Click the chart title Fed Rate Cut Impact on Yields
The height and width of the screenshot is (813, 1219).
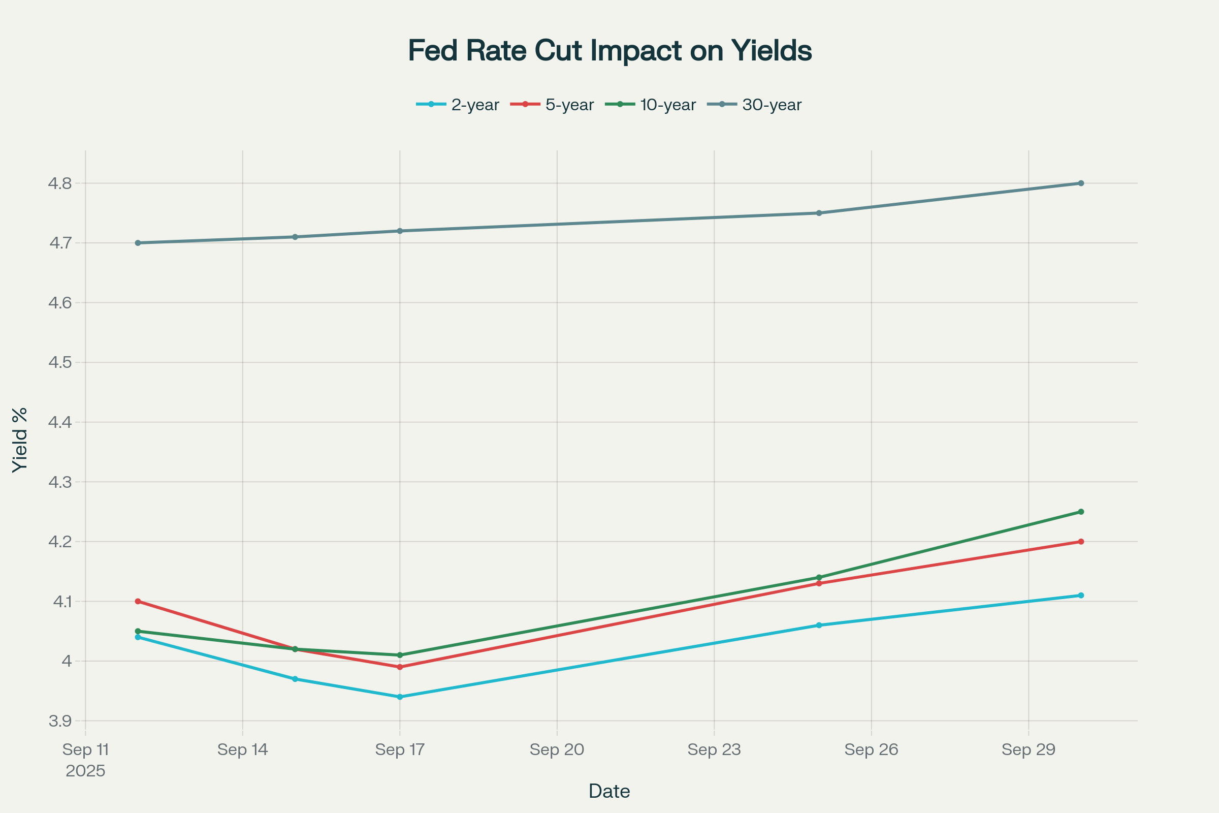click(609, 51)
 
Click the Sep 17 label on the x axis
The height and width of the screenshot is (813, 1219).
click(400, 750)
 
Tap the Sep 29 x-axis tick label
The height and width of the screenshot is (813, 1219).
click(1028, 750)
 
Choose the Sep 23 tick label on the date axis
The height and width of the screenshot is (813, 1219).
click(714, 750)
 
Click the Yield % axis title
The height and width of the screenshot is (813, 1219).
click(20, 440)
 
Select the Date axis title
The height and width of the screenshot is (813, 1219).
click(609, 792)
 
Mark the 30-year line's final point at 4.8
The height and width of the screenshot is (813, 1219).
click(1081, 183)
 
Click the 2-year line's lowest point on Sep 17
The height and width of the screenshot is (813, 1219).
click(400, 697)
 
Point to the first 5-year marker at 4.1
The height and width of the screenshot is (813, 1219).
click(138, 602)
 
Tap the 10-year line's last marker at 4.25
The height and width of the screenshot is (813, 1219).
click(1081, 512)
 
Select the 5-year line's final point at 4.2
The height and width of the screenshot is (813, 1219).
click(1081, 542)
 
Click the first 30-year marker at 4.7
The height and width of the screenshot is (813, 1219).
click(138, 243)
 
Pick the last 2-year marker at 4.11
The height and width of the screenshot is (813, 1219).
click(1081, 595)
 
